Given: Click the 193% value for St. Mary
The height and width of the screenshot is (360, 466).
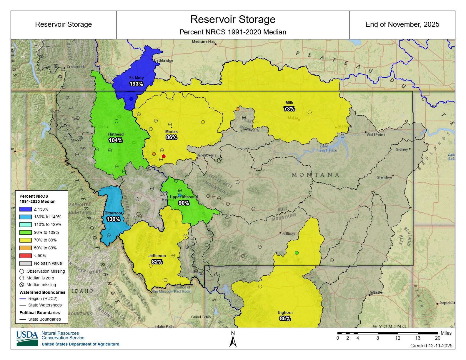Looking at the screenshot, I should (x=136, y=84).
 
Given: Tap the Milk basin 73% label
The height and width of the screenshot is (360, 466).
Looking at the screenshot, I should (x=289, y=109).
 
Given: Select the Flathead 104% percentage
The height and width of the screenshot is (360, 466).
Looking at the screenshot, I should (x=115, y=140).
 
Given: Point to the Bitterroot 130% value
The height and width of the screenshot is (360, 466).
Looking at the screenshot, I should (x=113, y=219).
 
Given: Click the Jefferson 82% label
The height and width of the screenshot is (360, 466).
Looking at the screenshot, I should (x=157, y=262).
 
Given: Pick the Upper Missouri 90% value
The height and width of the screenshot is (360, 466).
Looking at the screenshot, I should (x=184, y=203).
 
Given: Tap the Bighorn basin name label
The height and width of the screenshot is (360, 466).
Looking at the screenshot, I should (x=285, y=312).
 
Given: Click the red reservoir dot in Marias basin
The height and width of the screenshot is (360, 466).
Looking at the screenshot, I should (x=164, y=156).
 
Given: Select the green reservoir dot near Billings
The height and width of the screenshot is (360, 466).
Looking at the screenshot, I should (x=297, y=253).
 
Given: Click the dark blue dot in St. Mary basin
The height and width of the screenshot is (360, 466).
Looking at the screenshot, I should (x=131, y=99).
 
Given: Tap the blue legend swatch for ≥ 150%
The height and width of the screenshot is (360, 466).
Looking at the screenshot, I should (x=25, y=209).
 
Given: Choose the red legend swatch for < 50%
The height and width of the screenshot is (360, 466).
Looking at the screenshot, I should (x=25, y=256).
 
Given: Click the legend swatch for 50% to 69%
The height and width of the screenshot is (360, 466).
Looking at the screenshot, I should (x=25, y=248).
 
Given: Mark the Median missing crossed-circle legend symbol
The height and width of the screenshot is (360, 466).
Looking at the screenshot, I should (x=22, y=285).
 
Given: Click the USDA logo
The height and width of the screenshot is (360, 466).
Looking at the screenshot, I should (x=27, y=338).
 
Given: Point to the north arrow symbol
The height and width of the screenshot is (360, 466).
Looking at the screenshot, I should (x=233, y=341).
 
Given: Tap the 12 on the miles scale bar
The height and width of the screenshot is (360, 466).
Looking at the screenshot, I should (x=397, y=338).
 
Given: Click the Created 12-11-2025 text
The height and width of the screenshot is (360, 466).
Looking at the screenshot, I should (x=431, y=346).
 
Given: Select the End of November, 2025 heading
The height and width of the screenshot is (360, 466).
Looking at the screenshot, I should (x=402, y=24).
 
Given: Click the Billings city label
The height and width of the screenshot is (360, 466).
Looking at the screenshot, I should (x=288, y=234).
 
